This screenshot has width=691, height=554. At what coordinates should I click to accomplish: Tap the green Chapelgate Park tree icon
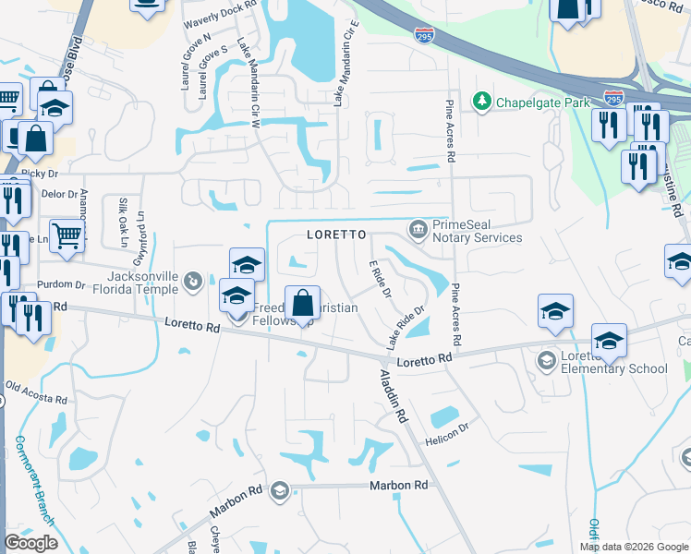481,101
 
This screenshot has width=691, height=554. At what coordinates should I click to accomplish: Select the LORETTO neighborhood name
331,235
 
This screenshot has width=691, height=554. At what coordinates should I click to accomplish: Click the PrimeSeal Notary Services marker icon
418,228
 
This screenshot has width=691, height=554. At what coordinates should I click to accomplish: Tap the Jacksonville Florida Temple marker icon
193,280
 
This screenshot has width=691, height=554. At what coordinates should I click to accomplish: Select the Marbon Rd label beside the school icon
398,485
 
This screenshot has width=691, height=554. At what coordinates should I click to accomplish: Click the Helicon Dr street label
447,434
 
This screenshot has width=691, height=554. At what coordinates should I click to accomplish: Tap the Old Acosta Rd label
37,393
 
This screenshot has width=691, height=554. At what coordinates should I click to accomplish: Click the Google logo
30,543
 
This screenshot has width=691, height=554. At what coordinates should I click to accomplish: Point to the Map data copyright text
633,547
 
